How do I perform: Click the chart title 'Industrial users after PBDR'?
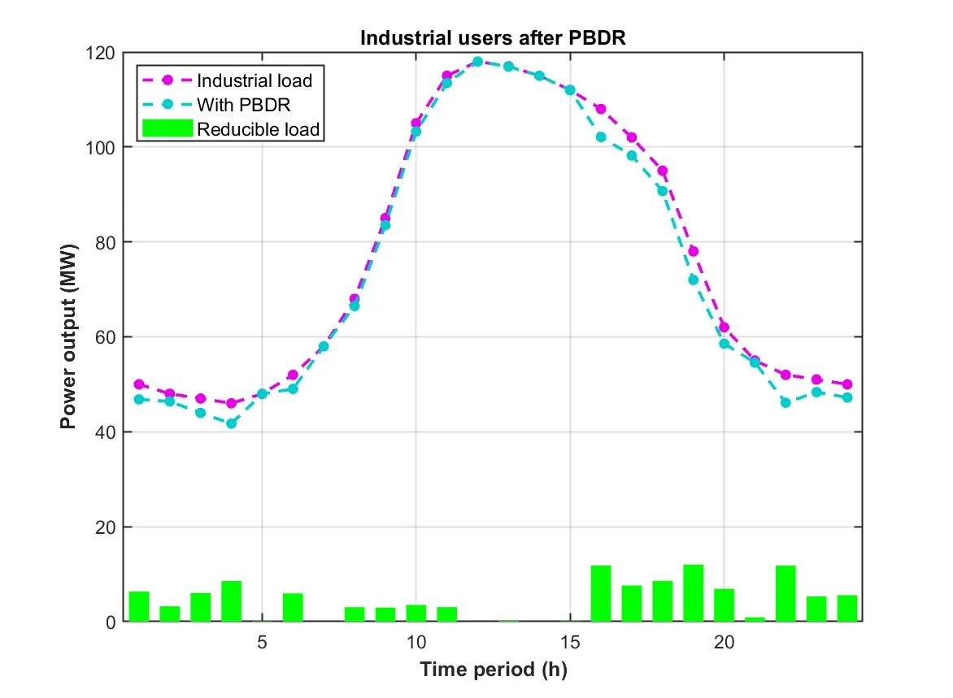(493, 39)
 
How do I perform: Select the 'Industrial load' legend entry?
(255, 80)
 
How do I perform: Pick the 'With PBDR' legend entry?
(243, 105)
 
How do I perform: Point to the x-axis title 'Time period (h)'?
(493, 671)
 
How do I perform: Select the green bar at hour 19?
(694, 593)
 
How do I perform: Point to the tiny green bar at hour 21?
(755, 619)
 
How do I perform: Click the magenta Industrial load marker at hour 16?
(601, 109)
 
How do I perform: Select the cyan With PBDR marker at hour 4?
(231, 423)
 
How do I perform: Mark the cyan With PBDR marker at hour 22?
(785, 402)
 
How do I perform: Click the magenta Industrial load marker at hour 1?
(139, 384)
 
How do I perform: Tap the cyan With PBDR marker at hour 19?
(694, 280)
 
